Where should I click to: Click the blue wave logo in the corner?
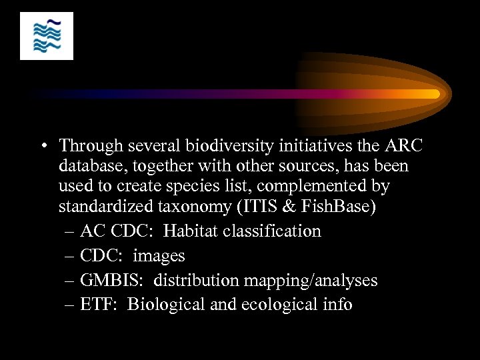(x=47, y=36)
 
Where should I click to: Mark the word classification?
(x=273, y=231)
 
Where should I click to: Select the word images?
(x=159, y=256)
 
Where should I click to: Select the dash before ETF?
(x=70, y=305)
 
